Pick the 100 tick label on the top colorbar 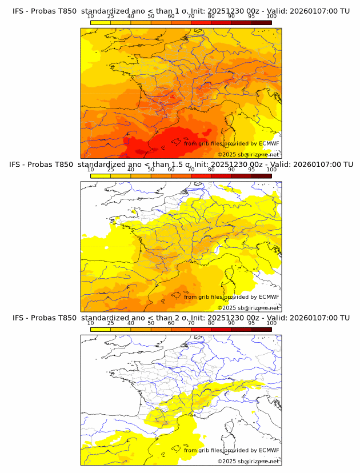(271, 16)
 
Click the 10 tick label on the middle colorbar (91, 170)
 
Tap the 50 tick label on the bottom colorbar (151, 323)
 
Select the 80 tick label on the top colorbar (211, 16)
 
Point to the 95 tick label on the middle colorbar (251, 170)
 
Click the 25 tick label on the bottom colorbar (111, 323)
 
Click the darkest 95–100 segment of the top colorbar (261, 23)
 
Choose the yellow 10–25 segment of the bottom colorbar (101, 330)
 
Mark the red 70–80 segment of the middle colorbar (201, 177)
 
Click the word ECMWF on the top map (269, 143)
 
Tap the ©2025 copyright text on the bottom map (227, 462)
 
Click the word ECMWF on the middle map (269, 297)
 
